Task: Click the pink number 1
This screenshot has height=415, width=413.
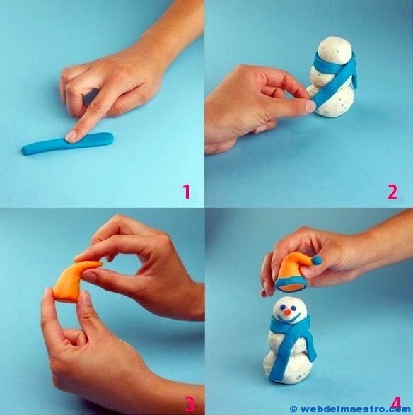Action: click(x=187, y=192)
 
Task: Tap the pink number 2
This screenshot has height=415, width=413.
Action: click(x=392, y=192)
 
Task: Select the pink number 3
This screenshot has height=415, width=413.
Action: click(x=190, y=404)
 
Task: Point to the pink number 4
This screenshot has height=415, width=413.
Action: click(x=395, y=404)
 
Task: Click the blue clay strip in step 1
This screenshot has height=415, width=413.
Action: click(x=67, y=144)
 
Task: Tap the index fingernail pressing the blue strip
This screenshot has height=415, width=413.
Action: click(x=71, y=136)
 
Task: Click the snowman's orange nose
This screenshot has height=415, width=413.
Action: click(x=287, y=312)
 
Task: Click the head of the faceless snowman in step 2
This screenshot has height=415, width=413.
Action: click(x=335, y=52)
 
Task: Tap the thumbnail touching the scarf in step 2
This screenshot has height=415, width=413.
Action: click(x=310, y=105)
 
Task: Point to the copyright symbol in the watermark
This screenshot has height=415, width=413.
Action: click(x=293, y=409)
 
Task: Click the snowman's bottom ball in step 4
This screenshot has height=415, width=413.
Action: click(x=287, y=366)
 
